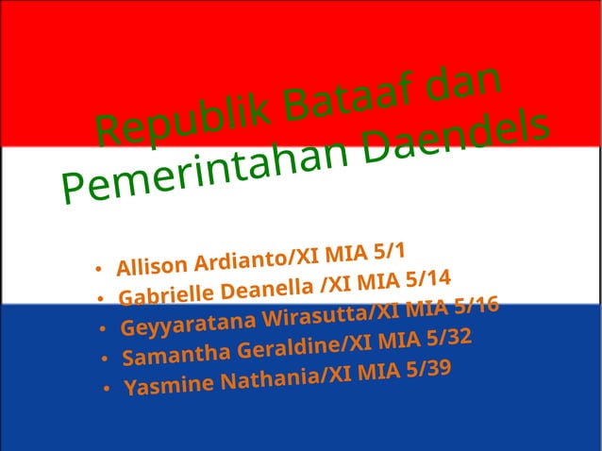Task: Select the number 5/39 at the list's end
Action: [425, 367]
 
